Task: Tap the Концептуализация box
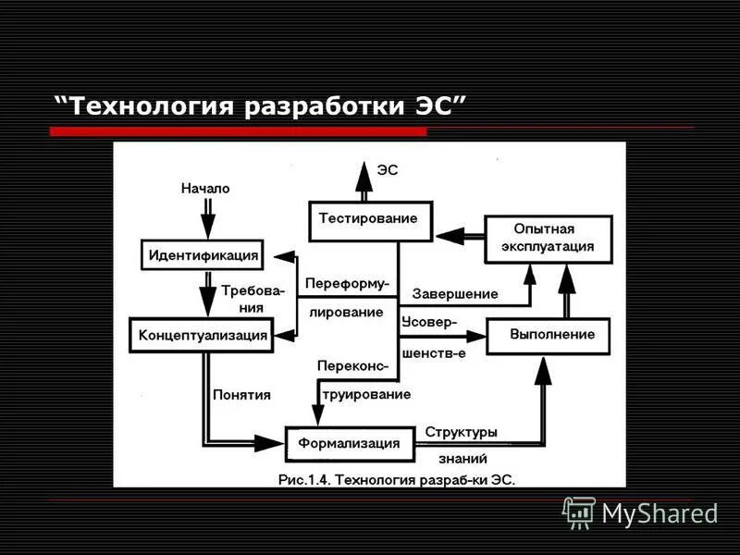click(x=203, y=334)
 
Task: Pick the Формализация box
click(x=349, y=443)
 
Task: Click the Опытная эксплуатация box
click(x=549, y=240)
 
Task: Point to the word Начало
click(x=205, y=188)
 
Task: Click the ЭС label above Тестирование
click(x=388, y=170)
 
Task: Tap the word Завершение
click(x=455, y=294)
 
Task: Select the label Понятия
click(x=241, y=394)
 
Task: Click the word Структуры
click(x=461, y=432)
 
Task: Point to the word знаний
click(x=457, y=458)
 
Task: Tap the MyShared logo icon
click(x=579, y=512)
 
